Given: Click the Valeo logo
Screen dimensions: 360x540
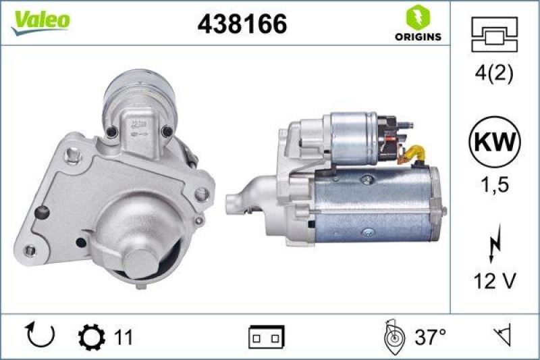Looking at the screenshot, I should pyautogui.click(x=40, y=20).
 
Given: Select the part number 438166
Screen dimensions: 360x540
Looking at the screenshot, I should pyautogui.click(x=242, y=24).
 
